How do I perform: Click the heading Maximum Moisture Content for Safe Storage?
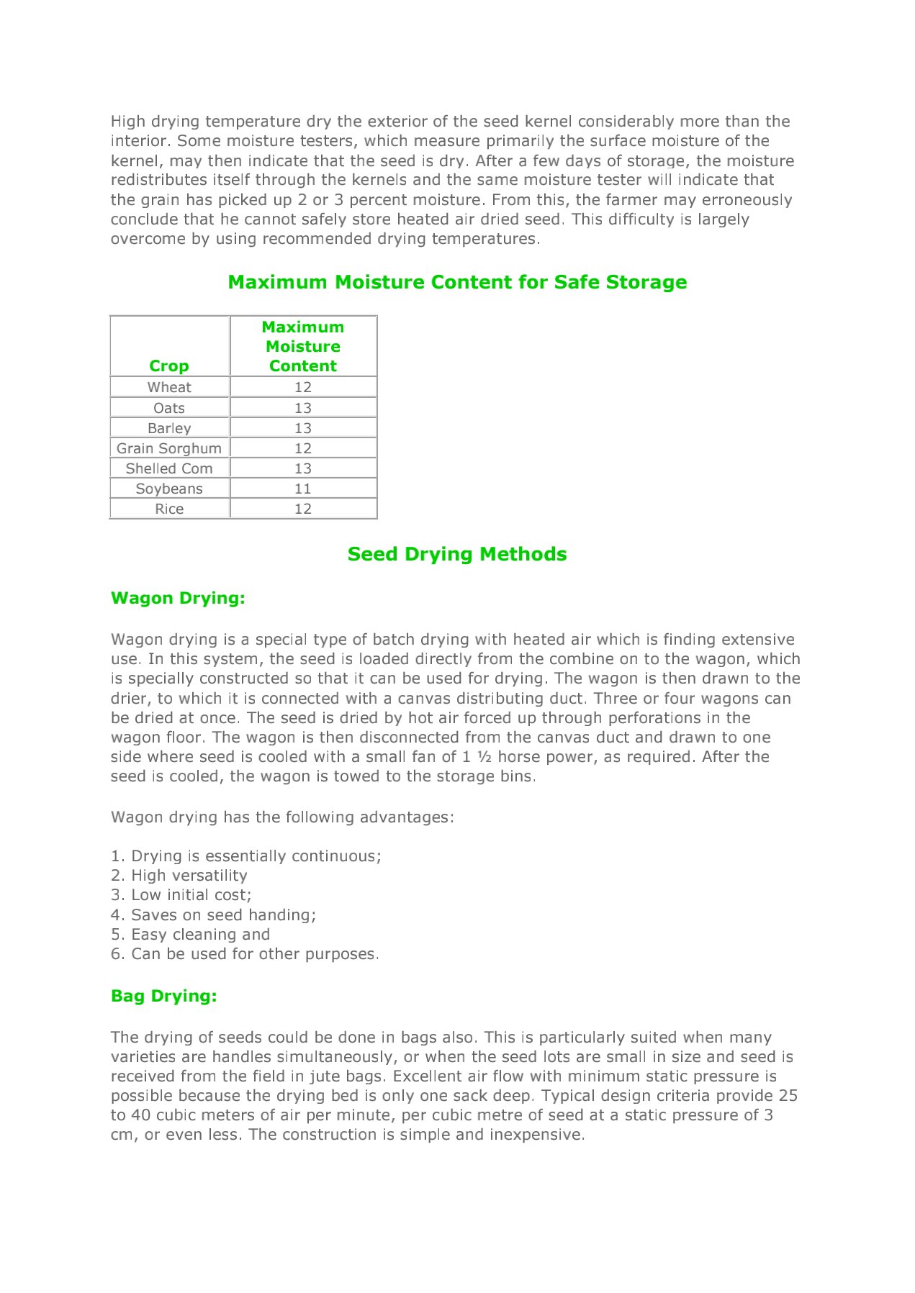457,282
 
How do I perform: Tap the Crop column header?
169,366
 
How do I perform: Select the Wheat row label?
169,387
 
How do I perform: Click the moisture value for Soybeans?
303,489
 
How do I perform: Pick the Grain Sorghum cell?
169,448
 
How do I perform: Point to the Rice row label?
169,509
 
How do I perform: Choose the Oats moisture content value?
303,408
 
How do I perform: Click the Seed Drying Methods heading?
457,554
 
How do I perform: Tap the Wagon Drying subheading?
178,598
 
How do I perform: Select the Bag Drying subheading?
164,996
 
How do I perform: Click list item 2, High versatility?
179,876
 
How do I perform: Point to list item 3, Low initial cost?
181,895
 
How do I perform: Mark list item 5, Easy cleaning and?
191,935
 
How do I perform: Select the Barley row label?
169,428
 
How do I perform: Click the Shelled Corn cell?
169,468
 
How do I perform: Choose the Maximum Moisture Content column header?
303,346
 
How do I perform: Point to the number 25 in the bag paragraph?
788,1095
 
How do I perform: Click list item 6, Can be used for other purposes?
245,954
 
